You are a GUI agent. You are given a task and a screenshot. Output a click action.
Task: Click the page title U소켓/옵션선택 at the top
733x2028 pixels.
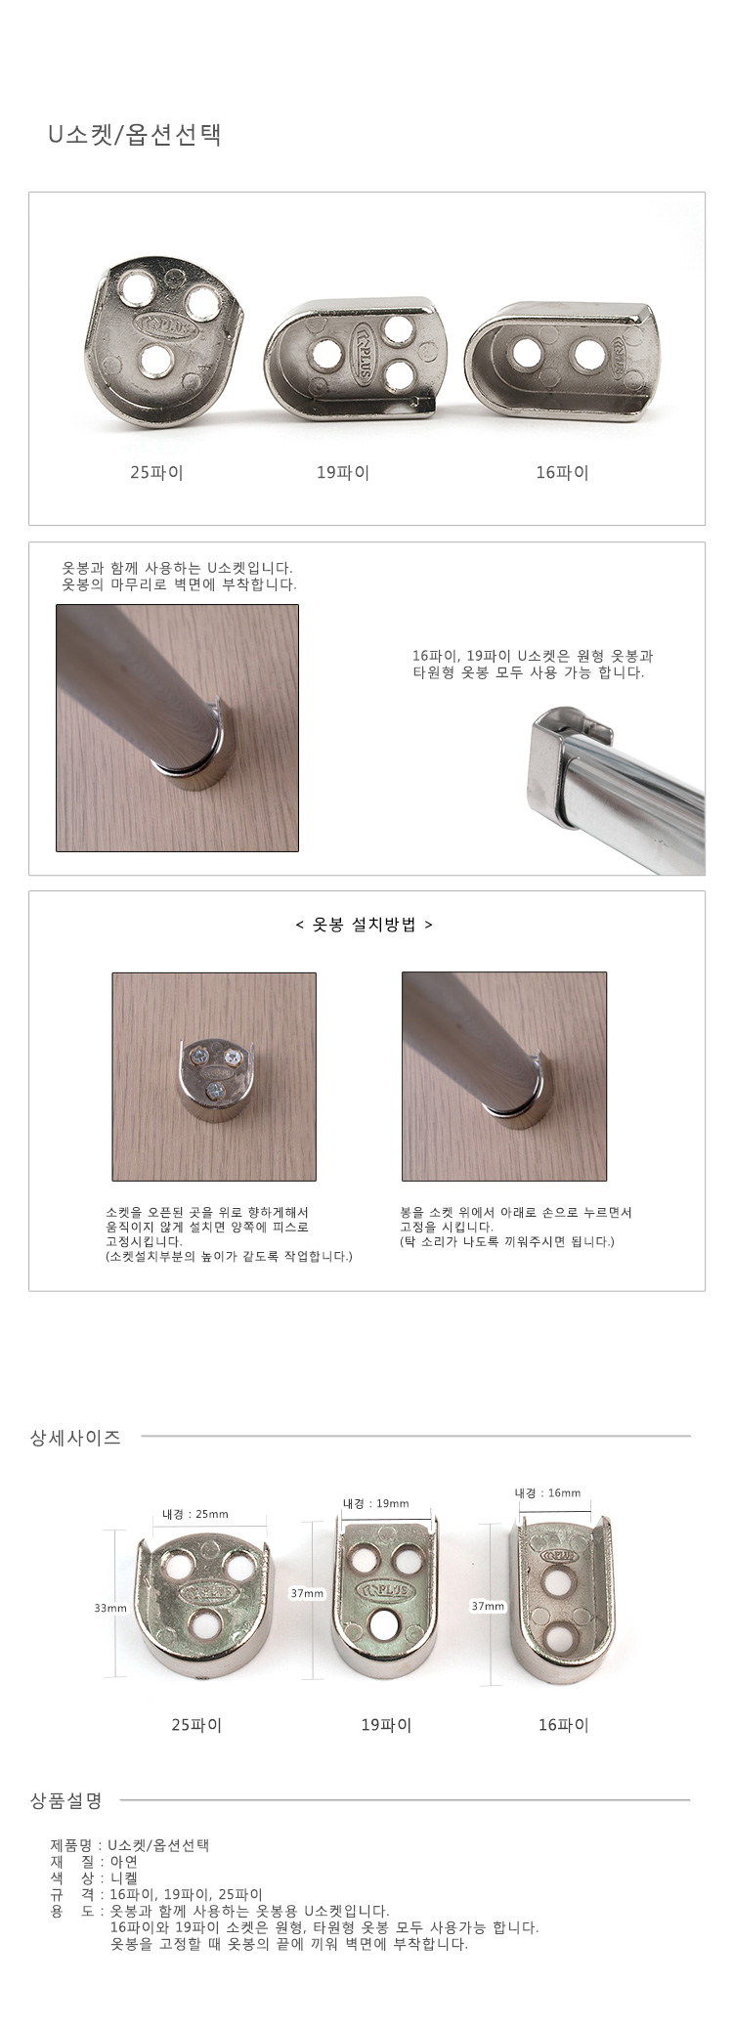coord(135,135)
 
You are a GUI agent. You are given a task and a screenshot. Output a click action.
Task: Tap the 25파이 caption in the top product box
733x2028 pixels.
coord(156,473)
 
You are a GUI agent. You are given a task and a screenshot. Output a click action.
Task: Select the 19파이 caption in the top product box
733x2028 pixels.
coord(343,473)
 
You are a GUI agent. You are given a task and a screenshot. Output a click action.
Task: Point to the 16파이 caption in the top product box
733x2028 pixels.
coord(562,473)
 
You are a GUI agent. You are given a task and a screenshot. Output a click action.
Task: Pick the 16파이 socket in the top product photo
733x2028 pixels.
coord(562,362)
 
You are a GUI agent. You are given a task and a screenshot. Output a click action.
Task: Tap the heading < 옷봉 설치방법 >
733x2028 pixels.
coord(364,925)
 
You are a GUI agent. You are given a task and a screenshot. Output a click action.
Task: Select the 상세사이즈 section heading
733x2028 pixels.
coord(76,1438)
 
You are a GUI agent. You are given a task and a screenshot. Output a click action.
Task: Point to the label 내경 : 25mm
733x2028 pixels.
coord(195,1514)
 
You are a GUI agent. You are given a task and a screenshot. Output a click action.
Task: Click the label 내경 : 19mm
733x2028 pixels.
coord(376,1503)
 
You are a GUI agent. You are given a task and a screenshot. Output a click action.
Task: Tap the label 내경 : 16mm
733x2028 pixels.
coord(547,1492)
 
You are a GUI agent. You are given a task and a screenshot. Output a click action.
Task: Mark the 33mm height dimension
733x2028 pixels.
coord(110,1608)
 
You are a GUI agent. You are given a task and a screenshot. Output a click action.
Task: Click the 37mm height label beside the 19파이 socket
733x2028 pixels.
coord(307,1593)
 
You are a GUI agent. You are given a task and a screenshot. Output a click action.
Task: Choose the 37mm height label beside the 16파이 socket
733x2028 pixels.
coord(488,1606)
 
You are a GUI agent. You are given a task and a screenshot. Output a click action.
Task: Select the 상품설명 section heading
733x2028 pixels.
coord(66,1799)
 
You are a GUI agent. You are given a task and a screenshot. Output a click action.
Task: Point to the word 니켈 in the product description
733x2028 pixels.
coord(124,1877)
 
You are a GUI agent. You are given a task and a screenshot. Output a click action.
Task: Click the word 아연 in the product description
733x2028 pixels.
coord(124,1862)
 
